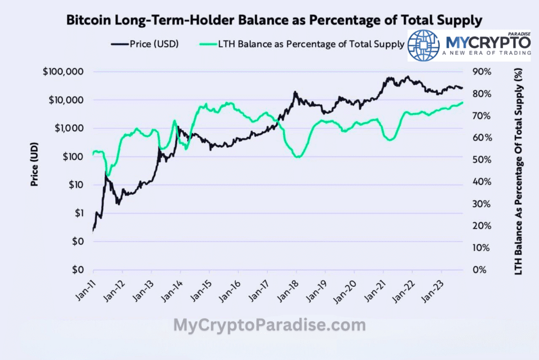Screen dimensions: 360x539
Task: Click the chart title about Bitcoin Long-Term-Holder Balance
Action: click(x=274, y=21)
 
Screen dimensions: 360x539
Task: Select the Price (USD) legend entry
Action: click(x=145, y=44)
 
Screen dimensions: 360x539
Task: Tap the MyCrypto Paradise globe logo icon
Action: click(x=424, y=45)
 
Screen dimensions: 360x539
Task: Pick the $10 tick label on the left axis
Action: click(x=77, y=185)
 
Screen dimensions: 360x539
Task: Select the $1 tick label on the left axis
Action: click(x=80, y=213)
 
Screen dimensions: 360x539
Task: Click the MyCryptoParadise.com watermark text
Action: click(x=269, y=325)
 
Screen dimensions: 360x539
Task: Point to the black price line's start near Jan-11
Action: click(x=93, y=230)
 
